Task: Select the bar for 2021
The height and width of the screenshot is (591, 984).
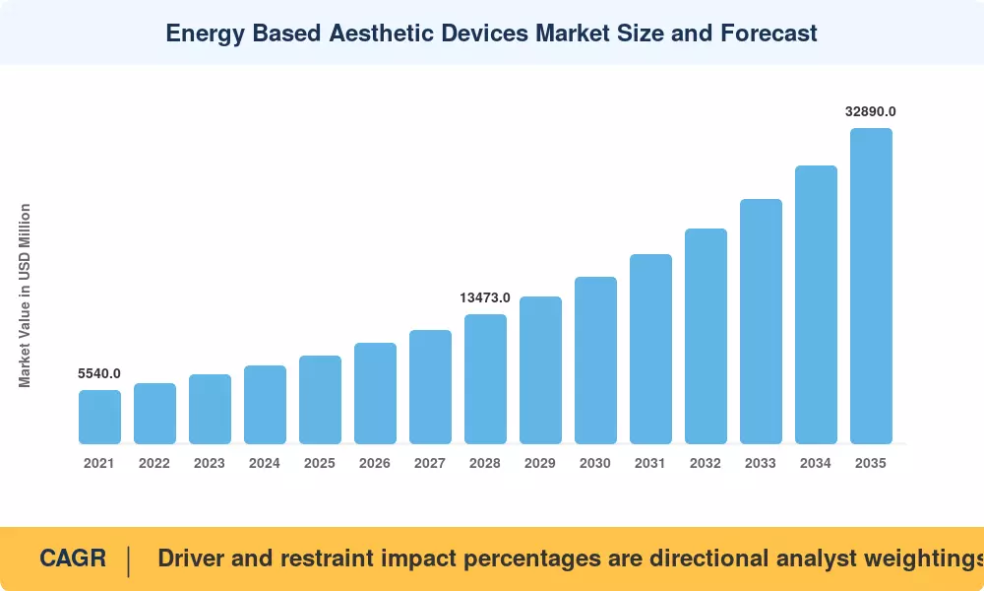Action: [99, 417]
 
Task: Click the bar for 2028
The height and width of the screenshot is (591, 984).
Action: [486, 378]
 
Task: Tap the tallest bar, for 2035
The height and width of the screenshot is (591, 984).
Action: [871, 286]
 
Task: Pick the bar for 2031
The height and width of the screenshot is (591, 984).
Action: [650, 350]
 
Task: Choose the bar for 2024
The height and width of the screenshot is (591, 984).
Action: [265, 405]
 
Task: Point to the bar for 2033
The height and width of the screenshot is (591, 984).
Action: [762, 321]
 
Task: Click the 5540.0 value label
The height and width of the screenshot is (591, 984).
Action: [99, 373]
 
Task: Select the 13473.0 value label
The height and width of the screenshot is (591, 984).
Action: [485, 297]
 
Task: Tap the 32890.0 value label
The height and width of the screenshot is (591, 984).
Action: [871, 111]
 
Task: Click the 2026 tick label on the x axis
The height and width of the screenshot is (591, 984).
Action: [375, 464]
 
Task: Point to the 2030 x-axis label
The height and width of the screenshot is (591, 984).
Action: [595, 464]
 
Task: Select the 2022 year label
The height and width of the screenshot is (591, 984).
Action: [154, 464]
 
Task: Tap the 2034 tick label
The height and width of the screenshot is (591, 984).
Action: [815, 464]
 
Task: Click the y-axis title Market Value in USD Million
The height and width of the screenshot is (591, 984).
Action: [25, 295]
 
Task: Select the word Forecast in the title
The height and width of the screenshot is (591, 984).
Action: [769, 33]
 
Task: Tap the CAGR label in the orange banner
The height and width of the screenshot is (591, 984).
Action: [73, 558]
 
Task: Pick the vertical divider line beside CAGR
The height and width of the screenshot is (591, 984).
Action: [129, 561]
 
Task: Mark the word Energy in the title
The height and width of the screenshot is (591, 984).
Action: [206, 33]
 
